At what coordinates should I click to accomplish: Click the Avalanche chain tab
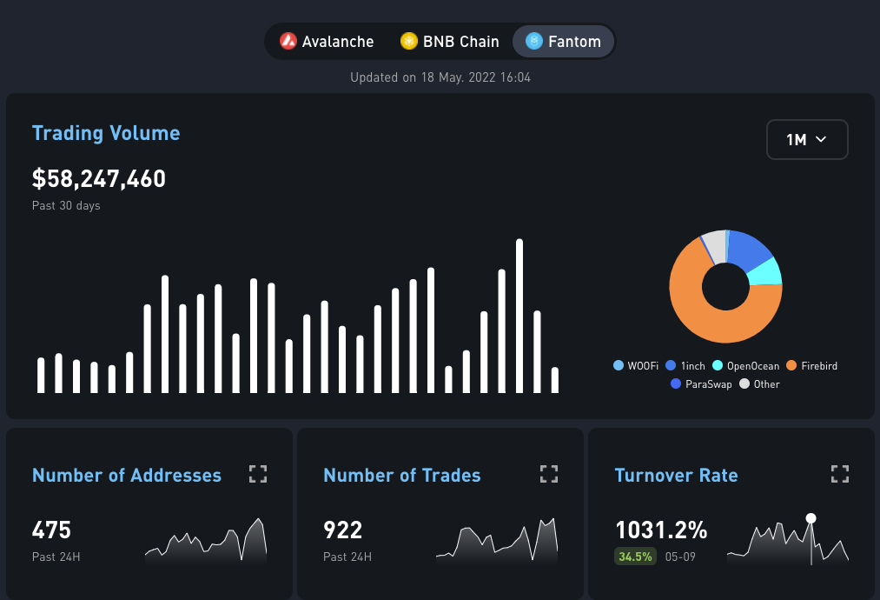coord(328,42)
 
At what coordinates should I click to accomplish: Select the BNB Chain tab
coord(450,42)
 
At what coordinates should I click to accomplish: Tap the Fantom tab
coord(564,42)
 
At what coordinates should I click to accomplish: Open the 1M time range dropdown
coord(806,139)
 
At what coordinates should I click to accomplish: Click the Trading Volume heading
coord(106,133)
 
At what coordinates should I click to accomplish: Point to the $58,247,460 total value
coord(99,179)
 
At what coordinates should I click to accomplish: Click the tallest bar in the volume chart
coord(519,316)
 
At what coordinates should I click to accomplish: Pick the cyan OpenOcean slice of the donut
coord(765,272)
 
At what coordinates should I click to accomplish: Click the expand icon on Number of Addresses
coord(258,474)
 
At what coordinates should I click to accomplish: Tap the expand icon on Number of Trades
coord(548,474)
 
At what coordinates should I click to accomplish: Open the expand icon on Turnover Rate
coord(839,474)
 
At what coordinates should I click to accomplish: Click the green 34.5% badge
coord(635,557)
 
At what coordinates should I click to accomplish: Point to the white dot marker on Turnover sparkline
coord(811,518)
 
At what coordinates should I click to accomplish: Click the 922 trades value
coord(343,530)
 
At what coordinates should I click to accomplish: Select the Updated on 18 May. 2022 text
coord(440,77)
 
